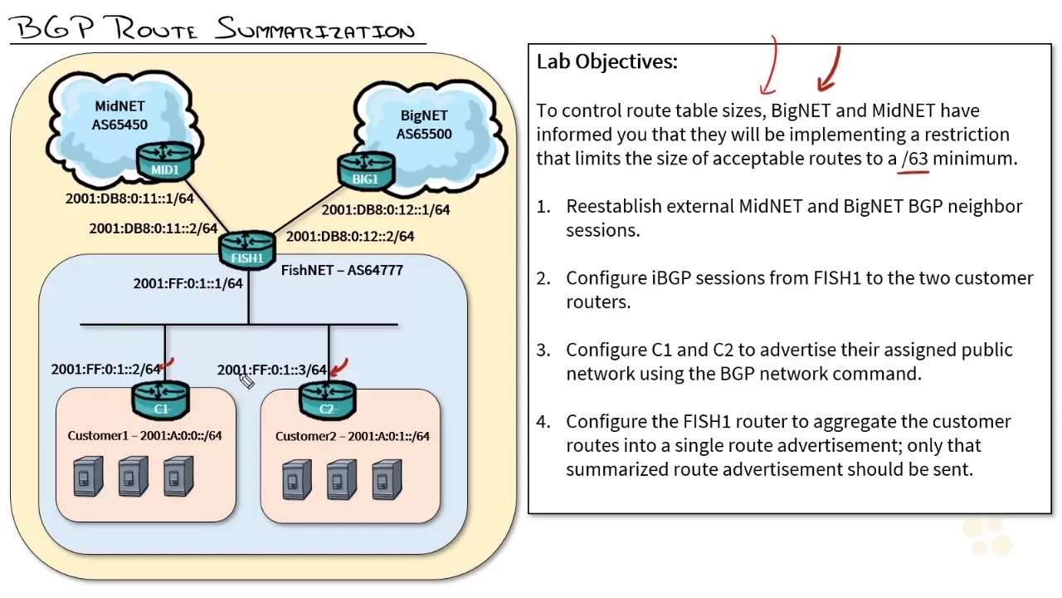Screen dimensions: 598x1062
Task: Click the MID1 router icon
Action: (164, 160)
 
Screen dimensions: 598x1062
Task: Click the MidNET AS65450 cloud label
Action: (120, 115)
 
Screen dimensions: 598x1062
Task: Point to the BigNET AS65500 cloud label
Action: (423, 125)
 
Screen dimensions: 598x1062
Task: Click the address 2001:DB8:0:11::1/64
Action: (129, 199)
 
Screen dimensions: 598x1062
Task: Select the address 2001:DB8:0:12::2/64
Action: (350, 237)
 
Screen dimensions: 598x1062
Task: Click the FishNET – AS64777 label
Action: (342, 270)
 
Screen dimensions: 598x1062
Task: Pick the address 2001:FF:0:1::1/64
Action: (188, 284)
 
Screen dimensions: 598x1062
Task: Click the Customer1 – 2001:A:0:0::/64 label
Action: (144, 435)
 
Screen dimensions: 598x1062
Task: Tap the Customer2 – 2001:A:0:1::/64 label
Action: (352, 435)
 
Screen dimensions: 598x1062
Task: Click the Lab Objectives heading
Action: (607, 61)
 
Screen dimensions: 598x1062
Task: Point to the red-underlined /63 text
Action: (914, 158)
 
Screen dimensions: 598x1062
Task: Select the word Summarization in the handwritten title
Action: (315, 31)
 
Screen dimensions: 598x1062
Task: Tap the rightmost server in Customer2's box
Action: (387, 479)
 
